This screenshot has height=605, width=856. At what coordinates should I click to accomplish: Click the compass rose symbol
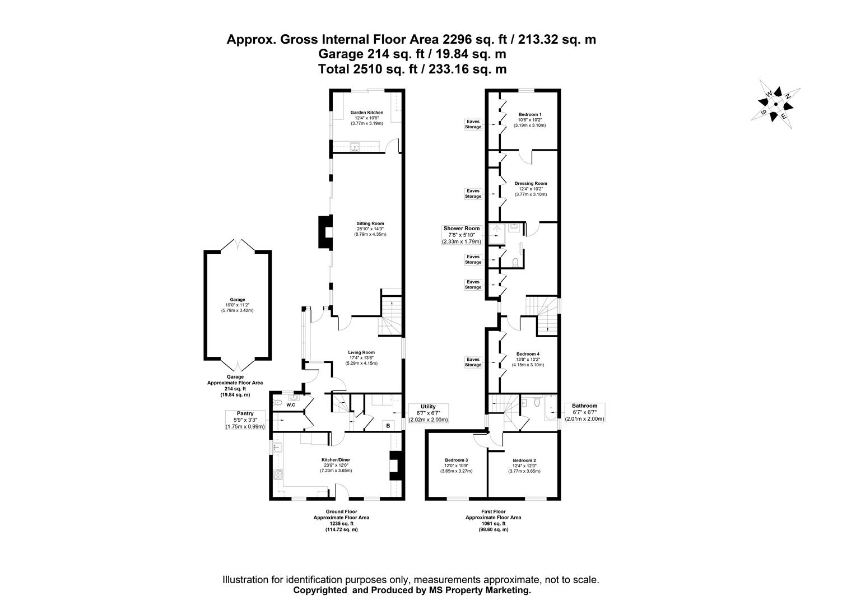tap(776, 104)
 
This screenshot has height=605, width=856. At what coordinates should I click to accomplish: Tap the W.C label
tap(290, 404)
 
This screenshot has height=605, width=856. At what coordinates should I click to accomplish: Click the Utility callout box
tap(429, 413)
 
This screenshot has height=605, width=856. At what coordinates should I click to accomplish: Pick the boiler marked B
tap(387, 426)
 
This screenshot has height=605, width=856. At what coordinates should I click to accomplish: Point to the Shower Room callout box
tap(462, 235)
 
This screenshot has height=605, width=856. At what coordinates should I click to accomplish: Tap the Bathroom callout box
tap(584, 412)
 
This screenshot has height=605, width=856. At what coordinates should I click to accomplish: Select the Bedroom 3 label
tap(456, 465)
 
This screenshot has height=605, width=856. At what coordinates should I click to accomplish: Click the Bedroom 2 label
tap(524, 465)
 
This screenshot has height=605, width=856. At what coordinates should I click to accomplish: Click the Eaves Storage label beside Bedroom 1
tap(473, 124)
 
